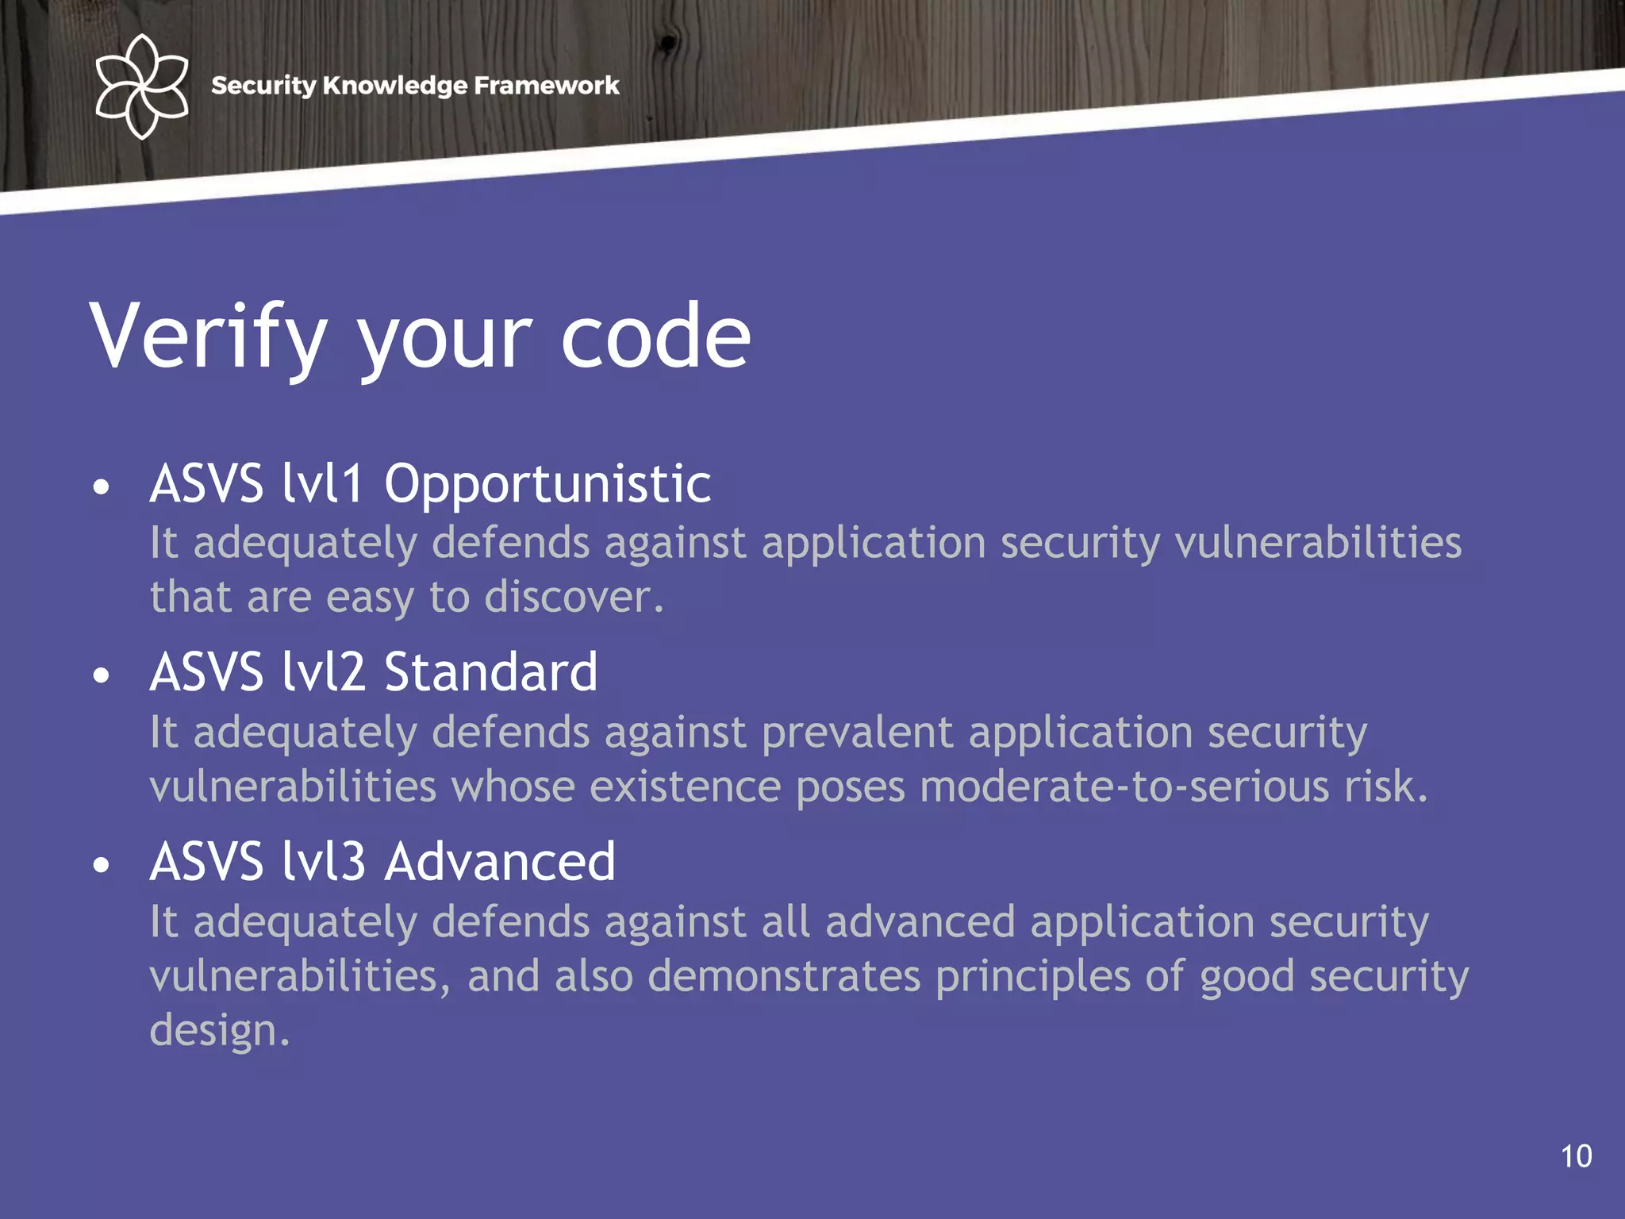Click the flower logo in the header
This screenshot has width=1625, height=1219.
(141, 87)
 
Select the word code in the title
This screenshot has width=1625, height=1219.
(655, 336)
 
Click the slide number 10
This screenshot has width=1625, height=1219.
(1576, 1156)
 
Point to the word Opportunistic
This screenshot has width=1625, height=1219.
(547, 484)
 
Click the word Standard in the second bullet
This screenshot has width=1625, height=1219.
(490, 673)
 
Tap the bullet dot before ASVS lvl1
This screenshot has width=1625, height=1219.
(101, 486)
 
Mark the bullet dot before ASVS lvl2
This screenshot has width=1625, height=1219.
(101, 675)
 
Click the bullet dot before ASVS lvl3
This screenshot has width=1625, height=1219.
(101, 864)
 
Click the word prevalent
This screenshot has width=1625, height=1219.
(857, 732)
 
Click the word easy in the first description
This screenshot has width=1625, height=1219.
(370, 598)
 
